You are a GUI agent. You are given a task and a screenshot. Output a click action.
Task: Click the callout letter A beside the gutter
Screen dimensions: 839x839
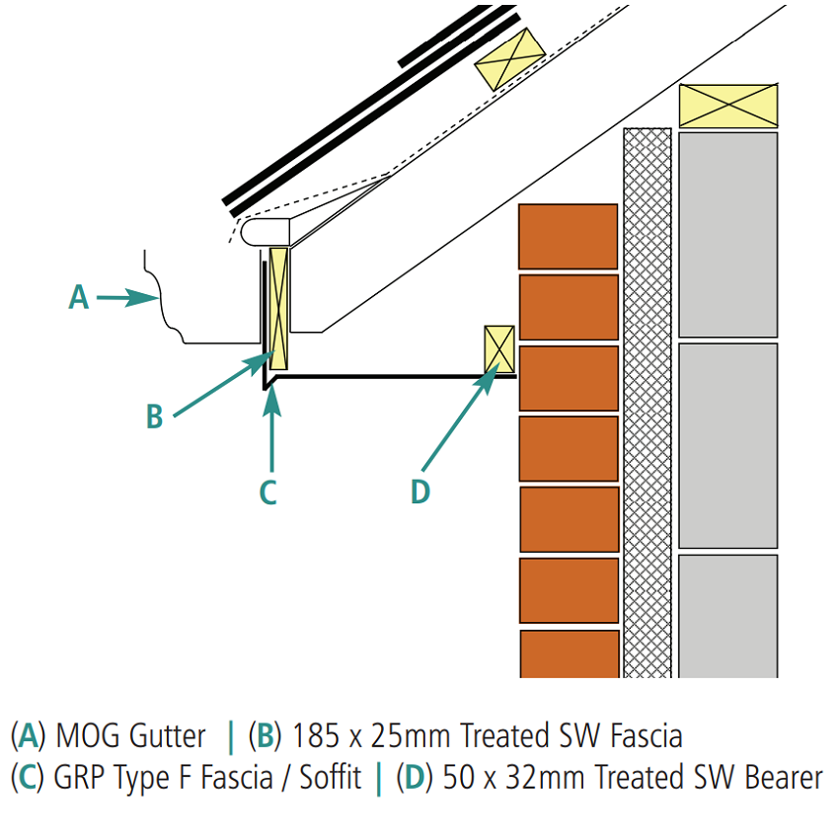[x=79, y=296]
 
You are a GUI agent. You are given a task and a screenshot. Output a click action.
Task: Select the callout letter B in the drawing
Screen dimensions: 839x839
[x=154, y=417]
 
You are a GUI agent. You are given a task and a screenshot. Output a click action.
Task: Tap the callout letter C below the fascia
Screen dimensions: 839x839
[x=267, y=491]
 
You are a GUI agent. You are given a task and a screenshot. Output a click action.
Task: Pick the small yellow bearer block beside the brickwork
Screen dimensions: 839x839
[x=499, y=350]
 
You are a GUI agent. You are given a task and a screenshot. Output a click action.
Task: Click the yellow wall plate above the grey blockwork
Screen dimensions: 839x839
[x=728, y=106]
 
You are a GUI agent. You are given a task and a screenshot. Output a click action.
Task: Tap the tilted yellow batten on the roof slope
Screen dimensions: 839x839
[x=509, y=58]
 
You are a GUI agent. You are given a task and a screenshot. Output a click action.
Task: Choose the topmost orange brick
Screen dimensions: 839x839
[x=569, y=236]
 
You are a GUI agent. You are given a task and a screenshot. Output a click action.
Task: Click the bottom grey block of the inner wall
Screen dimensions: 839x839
[x=728, y=616]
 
